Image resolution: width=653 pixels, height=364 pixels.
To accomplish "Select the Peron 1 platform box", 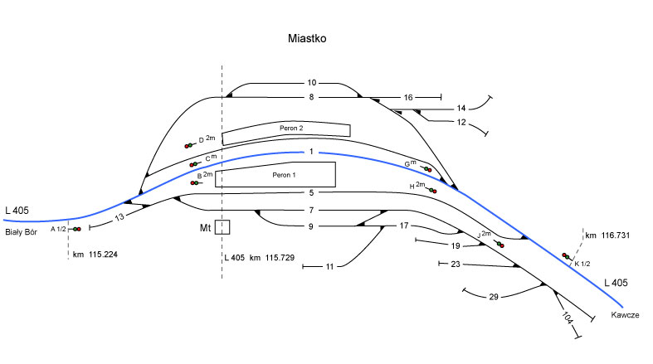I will coord(275,174).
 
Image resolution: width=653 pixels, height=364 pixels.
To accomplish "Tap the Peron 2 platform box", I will coord(285,129).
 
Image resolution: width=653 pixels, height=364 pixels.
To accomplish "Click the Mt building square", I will coord(222,226).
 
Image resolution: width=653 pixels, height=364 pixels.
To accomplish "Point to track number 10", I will coord(312,83).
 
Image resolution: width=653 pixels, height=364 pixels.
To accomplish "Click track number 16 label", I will coord(407,98).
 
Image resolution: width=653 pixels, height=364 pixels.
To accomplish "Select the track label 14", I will coord(461,108).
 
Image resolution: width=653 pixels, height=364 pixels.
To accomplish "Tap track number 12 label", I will coord(461,123).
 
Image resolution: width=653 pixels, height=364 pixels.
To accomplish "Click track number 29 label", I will coord(494,296).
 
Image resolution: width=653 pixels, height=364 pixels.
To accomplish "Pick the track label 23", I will coord(455,264).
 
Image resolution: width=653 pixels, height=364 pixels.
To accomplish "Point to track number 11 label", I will coord(329,267).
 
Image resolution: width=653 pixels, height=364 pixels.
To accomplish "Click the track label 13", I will coord(119,217).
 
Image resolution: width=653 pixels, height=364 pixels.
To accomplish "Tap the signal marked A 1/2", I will coord(76,229).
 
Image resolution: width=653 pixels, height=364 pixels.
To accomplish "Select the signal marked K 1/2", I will coord(566,256).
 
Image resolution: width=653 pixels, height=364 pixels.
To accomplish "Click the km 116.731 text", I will coord(607,236).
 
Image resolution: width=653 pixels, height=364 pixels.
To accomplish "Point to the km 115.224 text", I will coord(95,254).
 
